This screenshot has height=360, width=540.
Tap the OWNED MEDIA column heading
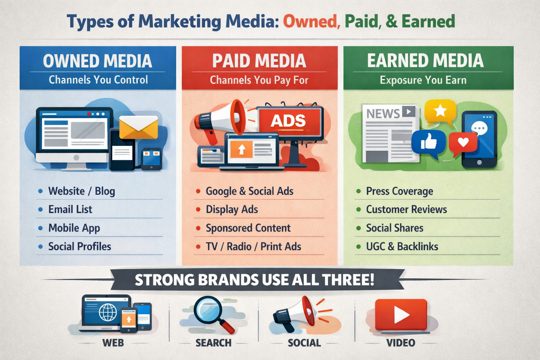click(x=97, y=61)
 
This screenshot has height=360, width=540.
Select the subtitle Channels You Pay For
click(x=259, y=80)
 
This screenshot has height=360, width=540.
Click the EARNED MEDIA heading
click(x=425, y=60)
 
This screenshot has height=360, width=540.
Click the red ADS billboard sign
click(x=289, y=121)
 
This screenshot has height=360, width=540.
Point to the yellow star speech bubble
click(x=440, y=111)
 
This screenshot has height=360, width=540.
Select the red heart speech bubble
click(x=463, y=142)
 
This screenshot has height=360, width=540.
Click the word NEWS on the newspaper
click(x=383, y=114)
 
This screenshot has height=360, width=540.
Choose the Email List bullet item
click(x=70, y=210)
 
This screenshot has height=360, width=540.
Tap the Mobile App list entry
click(x=74, y=228)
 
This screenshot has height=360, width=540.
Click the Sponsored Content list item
click(x=248, y=228)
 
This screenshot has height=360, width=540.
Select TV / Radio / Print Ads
click(x=253, y=247)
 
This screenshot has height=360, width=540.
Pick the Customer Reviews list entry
click(x=406, y=210)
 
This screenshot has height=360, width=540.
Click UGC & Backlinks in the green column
click(x=402, y=247)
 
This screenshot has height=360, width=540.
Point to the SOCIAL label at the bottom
click(x=304, y=343)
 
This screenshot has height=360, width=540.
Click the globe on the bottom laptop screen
click(x=108, y=312)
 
